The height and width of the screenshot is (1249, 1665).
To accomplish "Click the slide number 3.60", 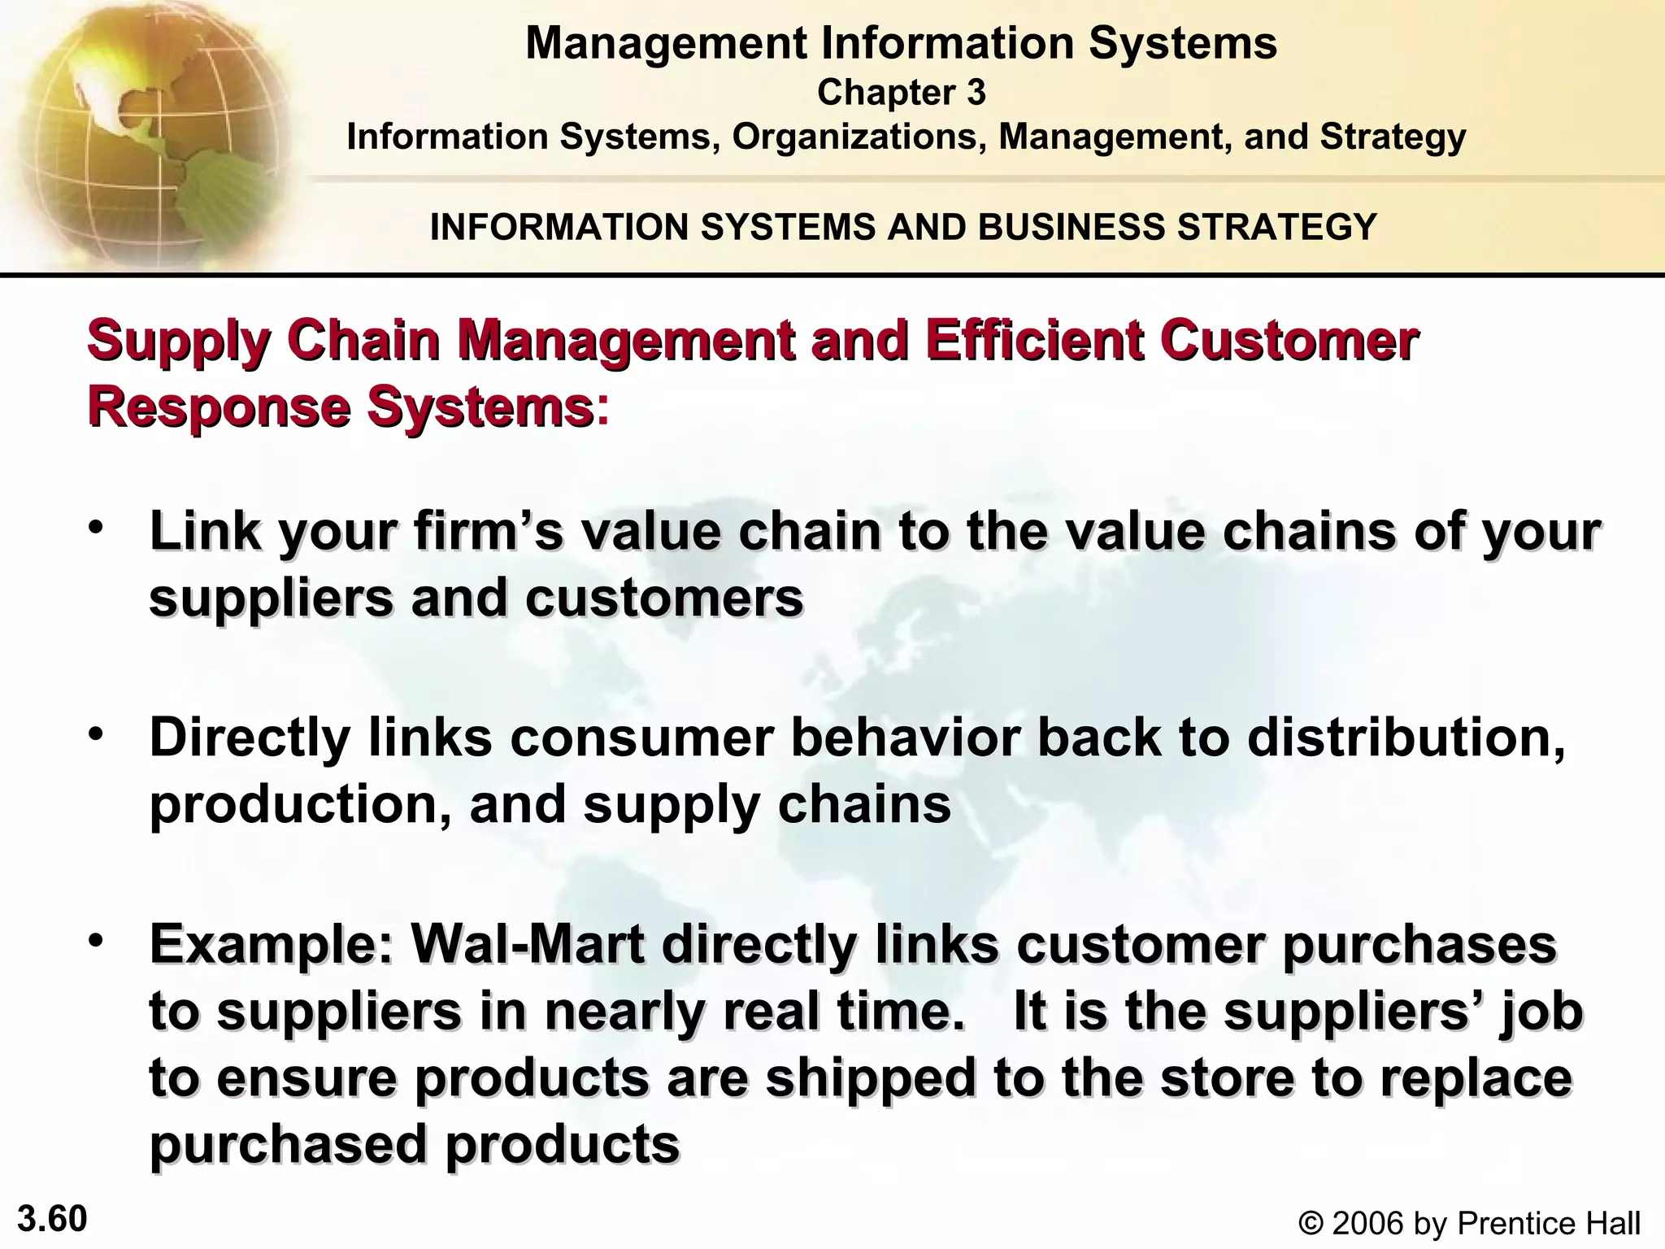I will point(52,1220).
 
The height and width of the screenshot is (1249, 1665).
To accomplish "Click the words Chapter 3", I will point(901,93).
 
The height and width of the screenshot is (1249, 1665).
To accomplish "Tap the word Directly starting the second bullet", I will point(250,738).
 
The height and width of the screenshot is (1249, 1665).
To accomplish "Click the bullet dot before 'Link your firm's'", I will point(97,528).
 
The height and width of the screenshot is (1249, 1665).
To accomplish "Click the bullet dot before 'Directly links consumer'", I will point(97,734).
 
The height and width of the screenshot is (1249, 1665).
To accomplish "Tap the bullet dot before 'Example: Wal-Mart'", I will point(97,941).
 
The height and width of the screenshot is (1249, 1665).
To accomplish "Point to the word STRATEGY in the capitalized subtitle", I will point(1276,226).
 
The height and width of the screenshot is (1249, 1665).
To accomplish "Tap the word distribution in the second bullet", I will point(1406,738).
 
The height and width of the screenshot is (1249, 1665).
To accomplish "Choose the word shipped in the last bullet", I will point(871,1077).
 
